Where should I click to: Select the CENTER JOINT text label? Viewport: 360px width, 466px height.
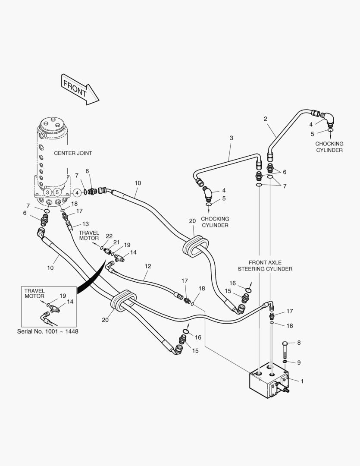(73, 153)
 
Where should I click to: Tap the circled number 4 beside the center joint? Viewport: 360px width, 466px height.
(77, 192)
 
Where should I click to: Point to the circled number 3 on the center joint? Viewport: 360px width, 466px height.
(47, 192)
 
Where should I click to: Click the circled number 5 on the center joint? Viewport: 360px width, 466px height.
(57, 192)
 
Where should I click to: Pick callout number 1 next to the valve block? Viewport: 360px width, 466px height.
(302, 381)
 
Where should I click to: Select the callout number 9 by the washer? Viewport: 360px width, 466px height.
(299, 362)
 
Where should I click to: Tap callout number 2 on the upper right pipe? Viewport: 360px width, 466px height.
(266, 118)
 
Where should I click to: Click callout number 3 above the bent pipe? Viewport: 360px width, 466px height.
(231, 138)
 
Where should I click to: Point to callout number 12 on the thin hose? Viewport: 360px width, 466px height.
(148, 266)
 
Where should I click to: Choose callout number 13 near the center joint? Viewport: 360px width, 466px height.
(85, 224)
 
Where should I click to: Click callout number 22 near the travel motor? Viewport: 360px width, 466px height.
(109, 236)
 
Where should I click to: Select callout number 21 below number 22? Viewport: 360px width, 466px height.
(116, 242)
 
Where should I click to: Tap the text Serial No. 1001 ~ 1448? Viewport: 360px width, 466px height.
(48, 331)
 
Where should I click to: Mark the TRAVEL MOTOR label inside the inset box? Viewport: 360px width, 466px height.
(34, 293)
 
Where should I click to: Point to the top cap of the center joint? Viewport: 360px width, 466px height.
(52, 124)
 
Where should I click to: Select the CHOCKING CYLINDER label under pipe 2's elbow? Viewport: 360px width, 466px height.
(329, 147)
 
